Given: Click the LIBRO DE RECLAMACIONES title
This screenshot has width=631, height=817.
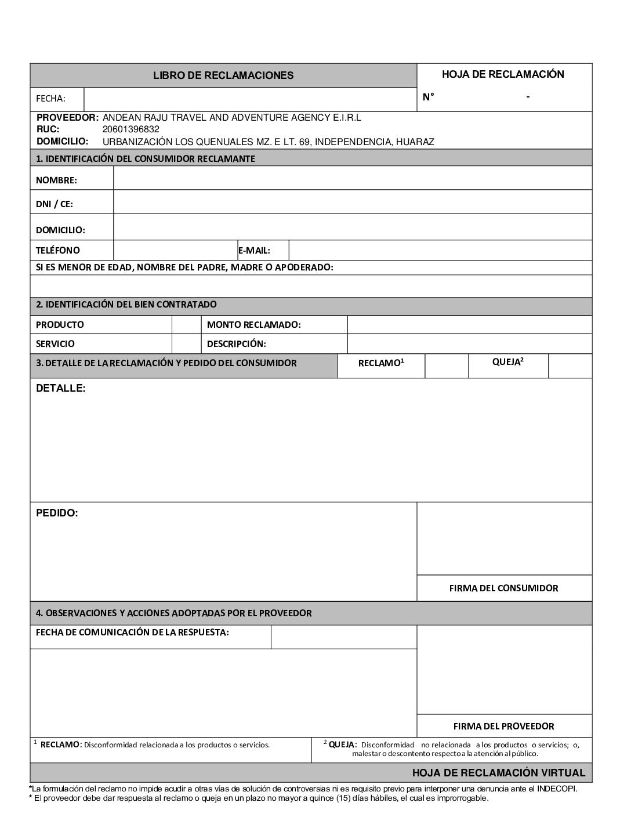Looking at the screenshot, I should pos(223,75).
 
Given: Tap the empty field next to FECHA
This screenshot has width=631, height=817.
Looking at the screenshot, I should pos(250,99).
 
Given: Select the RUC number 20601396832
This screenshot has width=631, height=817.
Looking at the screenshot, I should pos(130,129).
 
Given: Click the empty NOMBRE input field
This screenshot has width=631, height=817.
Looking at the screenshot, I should pos(353,178).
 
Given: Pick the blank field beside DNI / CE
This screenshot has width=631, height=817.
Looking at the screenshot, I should pos(353,202).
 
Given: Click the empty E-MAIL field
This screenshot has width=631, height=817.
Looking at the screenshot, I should pos(440,251).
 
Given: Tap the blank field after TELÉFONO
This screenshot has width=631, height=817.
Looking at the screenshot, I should pos(175,251).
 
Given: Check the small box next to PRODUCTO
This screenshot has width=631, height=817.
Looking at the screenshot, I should pos(187,324).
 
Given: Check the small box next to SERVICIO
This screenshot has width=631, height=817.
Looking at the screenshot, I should pos(187,344).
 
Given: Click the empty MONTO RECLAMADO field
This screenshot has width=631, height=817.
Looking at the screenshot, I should pos(469,324).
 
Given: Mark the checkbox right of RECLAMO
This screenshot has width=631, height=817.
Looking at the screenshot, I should pos(446,366).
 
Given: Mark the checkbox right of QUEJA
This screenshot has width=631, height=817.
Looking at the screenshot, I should pos(570,366).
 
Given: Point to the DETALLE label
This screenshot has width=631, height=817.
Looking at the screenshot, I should pos(60,388).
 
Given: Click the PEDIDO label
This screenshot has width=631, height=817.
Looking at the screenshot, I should pos(57,513).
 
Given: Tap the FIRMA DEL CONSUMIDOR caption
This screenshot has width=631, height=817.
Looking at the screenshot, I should pos(503,588).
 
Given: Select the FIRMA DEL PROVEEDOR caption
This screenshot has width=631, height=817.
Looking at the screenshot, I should pos(503,726).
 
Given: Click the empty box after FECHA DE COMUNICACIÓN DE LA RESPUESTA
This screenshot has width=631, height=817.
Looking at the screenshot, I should pos(343,637).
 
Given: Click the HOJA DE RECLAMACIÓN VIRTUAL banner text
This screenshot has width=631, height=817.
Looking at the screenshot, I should pos(499,773).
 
